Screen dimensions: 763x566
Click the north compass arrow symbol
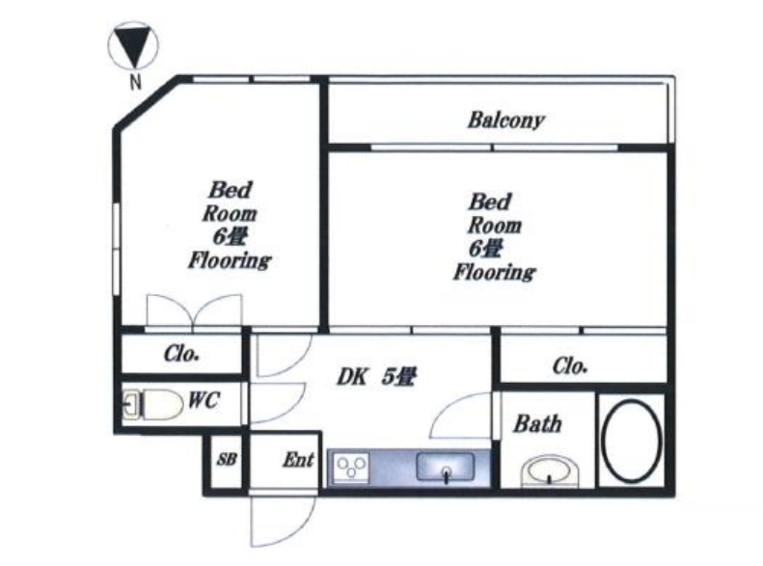(133, 46)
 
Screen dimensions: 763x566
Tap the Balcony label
(506, 121)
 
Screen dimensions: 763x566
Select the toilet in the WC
(151, 404)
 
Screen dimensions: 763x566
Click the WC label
(204, 400)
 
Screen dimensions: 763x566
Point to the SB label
(227, 459)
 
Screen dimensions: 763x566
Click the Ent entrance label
(299, 460)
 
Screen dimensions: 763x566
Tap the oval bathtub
(632, 441)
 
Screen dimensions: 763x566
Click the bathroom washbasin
(550, 471)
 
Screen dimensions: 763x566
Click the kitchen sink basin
(446, 467)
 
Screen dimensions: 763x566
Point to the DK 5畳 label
(376, 376)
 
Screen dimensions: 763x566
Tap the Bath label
(537, 424)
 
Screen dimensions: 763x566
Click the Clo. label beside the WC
(181, 354)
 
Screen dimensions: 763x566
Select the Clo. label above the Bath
(570, 365)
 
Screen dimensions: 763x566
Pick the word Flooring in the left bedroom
(230, 260)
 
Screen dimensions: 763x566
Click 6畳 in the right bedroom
(485, 249)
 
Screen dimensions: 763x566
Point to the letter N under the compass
(135, 82)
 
